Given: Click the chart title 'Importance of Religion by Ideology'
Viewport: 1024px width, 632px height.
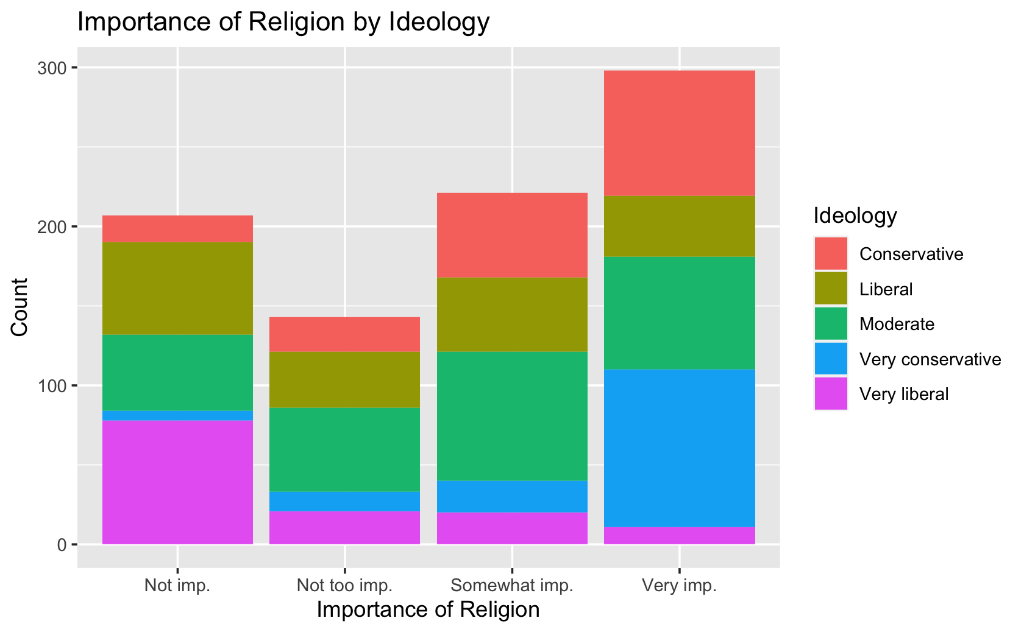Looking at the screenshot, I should point(283,23).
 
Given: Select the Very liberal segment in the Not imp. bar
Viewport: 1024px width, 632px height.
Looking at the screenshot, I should point(177,482).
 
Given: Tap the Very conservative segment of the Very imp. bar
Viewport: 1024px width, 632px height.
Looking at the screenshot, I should point(680,448).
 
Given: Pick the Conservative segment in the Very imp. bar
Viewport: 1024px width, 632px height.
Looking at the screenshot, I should point(680,133).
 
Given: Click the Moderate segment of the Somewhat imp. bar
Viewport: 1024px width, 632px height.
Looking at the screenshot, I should point(512,416).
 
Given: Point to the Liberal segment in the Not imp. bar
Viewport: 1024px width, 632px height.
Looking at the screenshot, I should point(177,288).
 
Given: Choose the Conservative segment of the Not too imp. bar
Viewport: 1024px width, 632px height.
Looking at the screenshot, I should point(344,334).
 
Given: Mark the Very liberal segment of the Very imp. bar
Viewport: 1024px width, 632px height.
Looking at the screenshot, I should point(680,535).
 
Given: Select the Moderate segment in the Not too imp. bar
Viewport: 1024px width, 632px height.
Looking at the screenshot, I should point(344,449).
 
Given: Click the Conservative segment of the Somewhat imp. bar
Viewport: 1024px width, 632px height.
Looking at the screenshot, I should point(512,235).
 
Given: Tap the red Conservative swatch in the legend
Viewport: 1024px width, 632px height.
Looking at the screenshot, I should point(831,253).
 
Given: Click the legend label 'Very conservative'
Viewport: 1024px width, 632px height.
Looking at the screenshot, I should point(930,359).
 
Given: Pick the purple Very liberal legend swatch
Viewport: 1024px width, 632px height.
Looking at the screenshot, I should point(831,394).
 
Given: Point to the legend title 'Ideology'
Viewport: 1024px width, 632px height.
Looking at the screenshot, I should point(855,216).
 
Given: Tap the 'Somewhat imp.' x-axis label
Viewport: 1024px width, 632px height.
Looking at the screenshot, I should point(512,586).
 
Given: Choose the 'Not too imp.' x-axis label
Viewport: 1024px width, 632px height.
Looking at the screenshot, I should point(344,586).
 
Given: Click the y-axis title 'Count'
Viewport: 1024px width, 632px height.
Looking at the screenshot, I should point(20,306).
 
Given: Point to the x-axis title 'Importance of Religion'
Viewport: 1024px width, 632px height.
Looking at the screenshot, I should point(428,609).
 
